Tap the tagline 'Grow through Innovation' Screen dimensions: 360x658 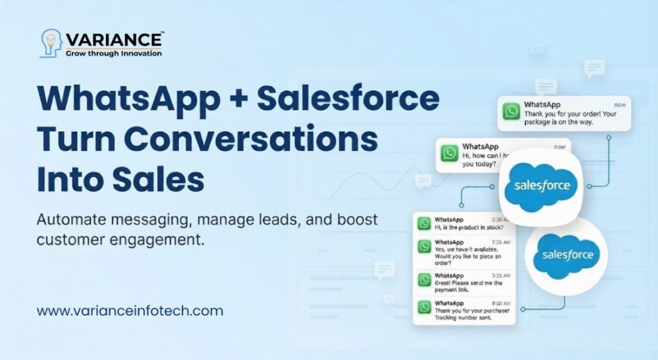pos(114,53)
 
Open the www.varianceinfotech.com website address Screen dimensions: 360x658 pos(130,311)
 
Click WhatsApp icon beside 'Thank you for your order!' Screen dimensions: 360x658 pos(511,112)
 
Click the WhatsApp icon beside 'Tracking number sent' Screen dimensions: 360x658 pos(425,307)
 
